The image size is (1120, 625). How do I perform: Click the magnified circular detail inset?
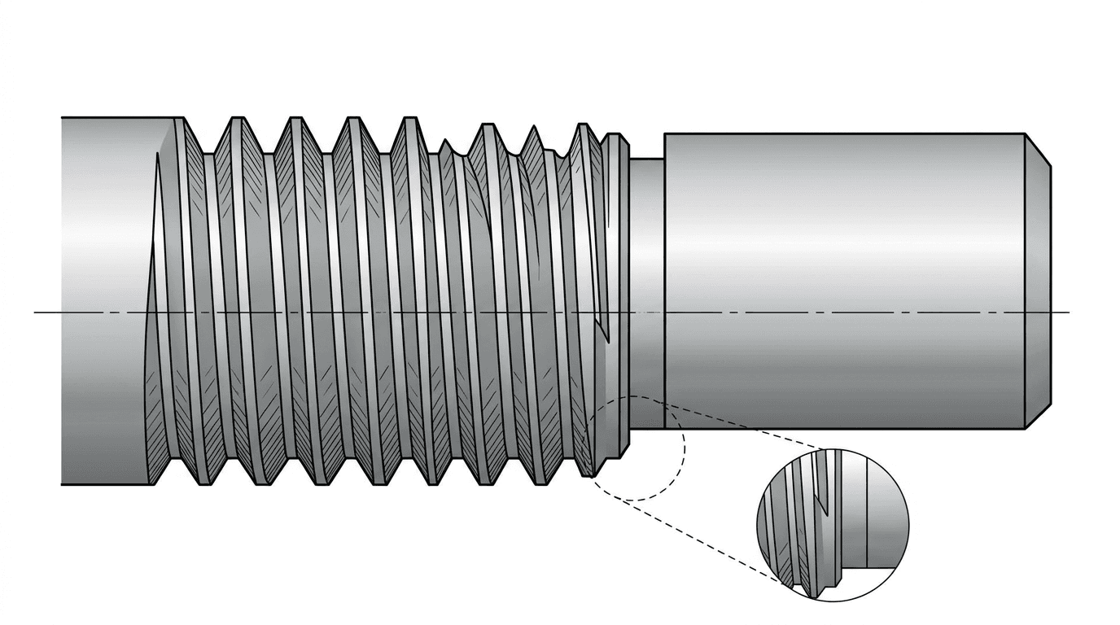tap(832, 525)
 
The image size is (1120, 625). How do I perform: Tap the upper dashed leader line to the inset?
tap(749, 423)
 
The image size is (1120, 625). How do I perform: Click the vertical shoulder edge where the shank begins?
tap(665, 277)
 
